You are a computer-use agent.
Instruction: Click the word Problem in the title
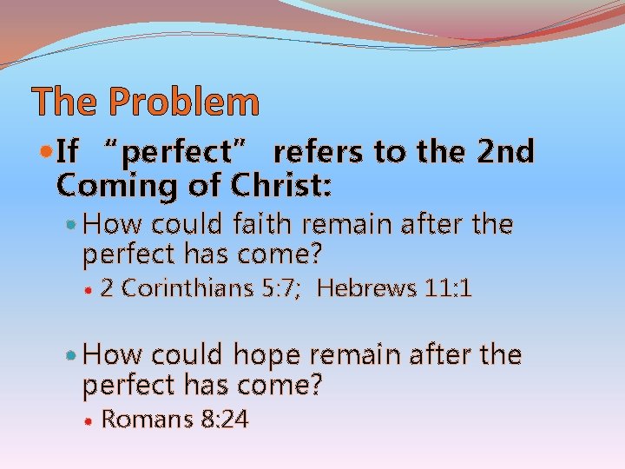pyautogui.click(x=183, y=102)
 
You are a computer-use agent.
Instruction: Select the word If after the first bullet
pyautogui.click(x=67, y=152)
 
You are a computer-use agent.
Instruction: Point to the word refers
pyautogui.click(x=319, y=152)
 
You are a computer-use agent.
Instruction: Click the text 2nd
pyautogui.click(x=505, y=152)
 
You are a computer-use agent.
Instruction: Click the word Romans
pyautogui.click(x=148, y=419)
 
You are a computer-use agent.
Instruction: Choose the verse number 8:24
pyautogui.click(x=224, y=419)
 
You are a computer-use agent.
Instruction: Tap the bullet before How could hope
pyautogui.click(x=72, y=356)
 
